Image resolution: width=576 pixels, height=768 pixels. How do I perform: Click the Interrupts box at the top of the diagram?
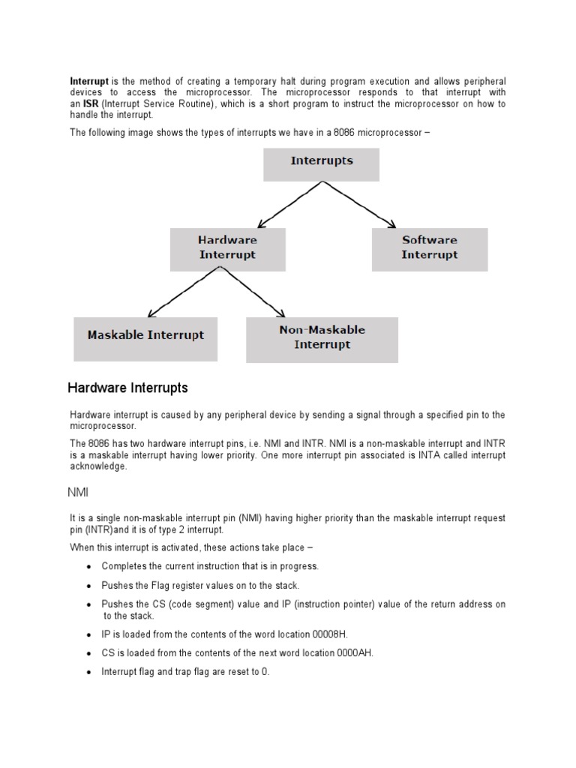(321, 164)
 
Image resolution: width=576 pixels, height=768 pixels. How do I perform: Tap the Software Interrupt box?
(430, 248)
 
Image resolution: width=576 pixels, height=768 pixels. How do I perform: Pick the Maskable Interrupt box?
(145, 338)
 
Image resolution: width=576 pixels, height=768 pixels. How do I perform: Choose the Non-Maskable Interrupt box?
(322, 339)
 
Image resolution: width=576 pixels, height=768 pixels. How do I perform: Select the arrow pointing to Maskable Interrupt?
(184, 292)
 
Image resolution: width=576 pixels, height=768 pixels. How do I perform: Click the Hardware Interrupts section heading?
(127, 388)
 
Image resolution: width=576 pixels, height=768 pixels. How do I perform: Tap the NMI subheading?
(78, 492)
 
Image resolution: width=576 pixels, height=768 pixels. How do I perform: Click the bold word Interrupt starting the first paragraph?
(89, 80)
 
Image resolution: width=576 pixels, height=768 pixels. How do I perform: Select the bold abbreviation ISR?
(91, 104)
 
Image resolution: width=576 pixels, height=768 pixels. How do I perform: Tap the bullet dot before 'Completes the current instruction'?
(90, 567)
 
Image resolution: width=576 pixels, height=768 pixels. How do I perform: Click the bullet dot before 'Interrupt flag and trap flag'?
(90, 673)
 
